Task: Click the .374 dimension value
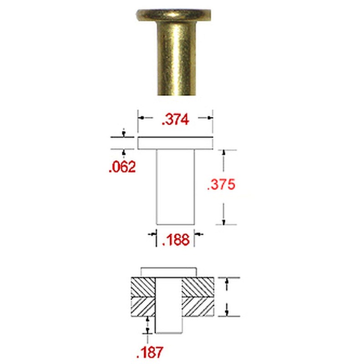click(x=176, y=120)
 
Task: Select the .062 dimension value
click(x=122, y=167)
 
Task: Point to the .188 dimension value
click(x=176, y=240)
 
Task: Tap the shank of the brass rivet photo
click(x=175, y=59)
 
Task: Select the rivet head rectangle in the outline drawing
click(x=175, y=143)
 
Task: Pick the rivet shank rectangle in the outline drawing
click(x=175, y=187)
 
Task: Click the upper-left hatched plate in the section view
click(x=143, y=287)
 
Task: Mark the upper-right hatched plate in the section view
click(x=198, y=287)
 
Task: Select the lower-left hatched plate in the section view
click(x=143, y=307)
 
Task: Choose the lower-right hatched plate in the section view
click(x=198, y=307)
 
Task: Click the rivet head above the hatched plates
click(x=169, y=272)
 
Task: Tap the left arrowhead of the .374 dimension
click(x=142, y=118)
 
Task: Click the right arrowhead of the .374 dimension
click(x=209, y=118)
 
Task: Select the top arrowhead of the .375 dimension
click(x=224, y=153)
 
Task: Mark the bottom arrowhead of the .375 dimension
click(x=224, y=221)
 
